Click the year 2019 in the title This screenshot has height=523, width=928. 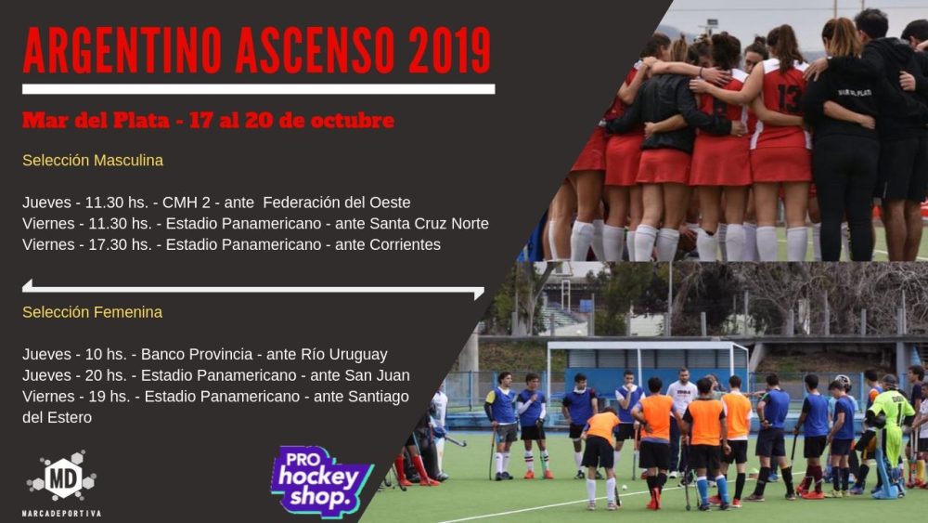click(450, 50)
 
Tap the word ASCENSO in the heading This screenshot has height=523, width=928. click(315, 50)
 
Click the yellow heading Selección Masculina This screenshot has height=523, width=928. click(93, 161)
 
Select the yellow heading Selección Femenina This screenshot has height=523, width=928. click(92, 312)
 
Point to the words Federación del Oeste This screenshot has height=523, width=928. click(337, 203)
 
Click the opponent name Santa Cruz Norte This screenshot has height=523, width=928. click(429, 224)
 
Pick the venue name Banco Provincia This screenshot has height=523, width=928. click(197, 355)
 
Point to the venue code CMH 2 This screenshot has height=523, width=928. click(187, 203)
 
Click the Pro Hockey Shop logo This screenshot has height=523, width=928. click(321, 481)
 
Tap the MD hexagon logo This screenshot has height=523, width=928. click(61, 477)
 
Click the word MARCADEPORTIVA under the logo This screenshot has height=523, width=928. click(61, 514)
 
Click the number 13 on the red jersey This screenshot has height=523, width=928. click(790, 98)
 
